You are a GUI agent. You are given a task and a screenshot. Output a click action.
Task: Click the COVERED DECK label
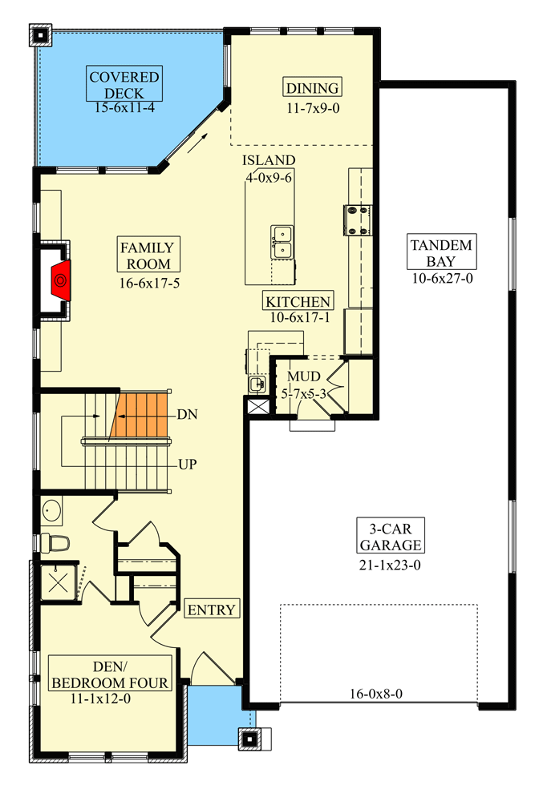pyautogui.click(x=124, y=85)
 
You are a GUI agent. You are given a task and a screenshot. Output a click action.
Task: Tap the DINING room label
pyautogui.click(x=312, y=88)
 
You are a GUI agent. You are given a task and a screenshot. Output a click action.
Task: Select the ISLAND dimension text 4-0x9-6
pyautogui.click(x=269, y=177)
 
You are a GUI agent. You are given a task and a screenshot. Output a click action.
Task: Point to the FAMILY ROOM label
pyautogui.click(x=146, y=254)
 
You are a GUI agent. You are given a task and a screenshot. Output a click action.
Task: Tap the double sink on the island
pyautogui.click(x=282, y=242)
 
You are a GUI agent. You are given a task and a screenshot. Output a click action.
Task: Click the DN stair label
pyautogui.click(x=187, y=414)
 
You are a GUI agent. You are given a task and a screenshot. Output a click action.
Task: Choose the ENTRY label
pyautogui.click(x=212, y=610)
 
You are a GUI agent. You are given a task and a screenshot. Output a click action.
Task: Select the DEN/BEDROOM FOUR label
pyautogui.click(x=110, y=674)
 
